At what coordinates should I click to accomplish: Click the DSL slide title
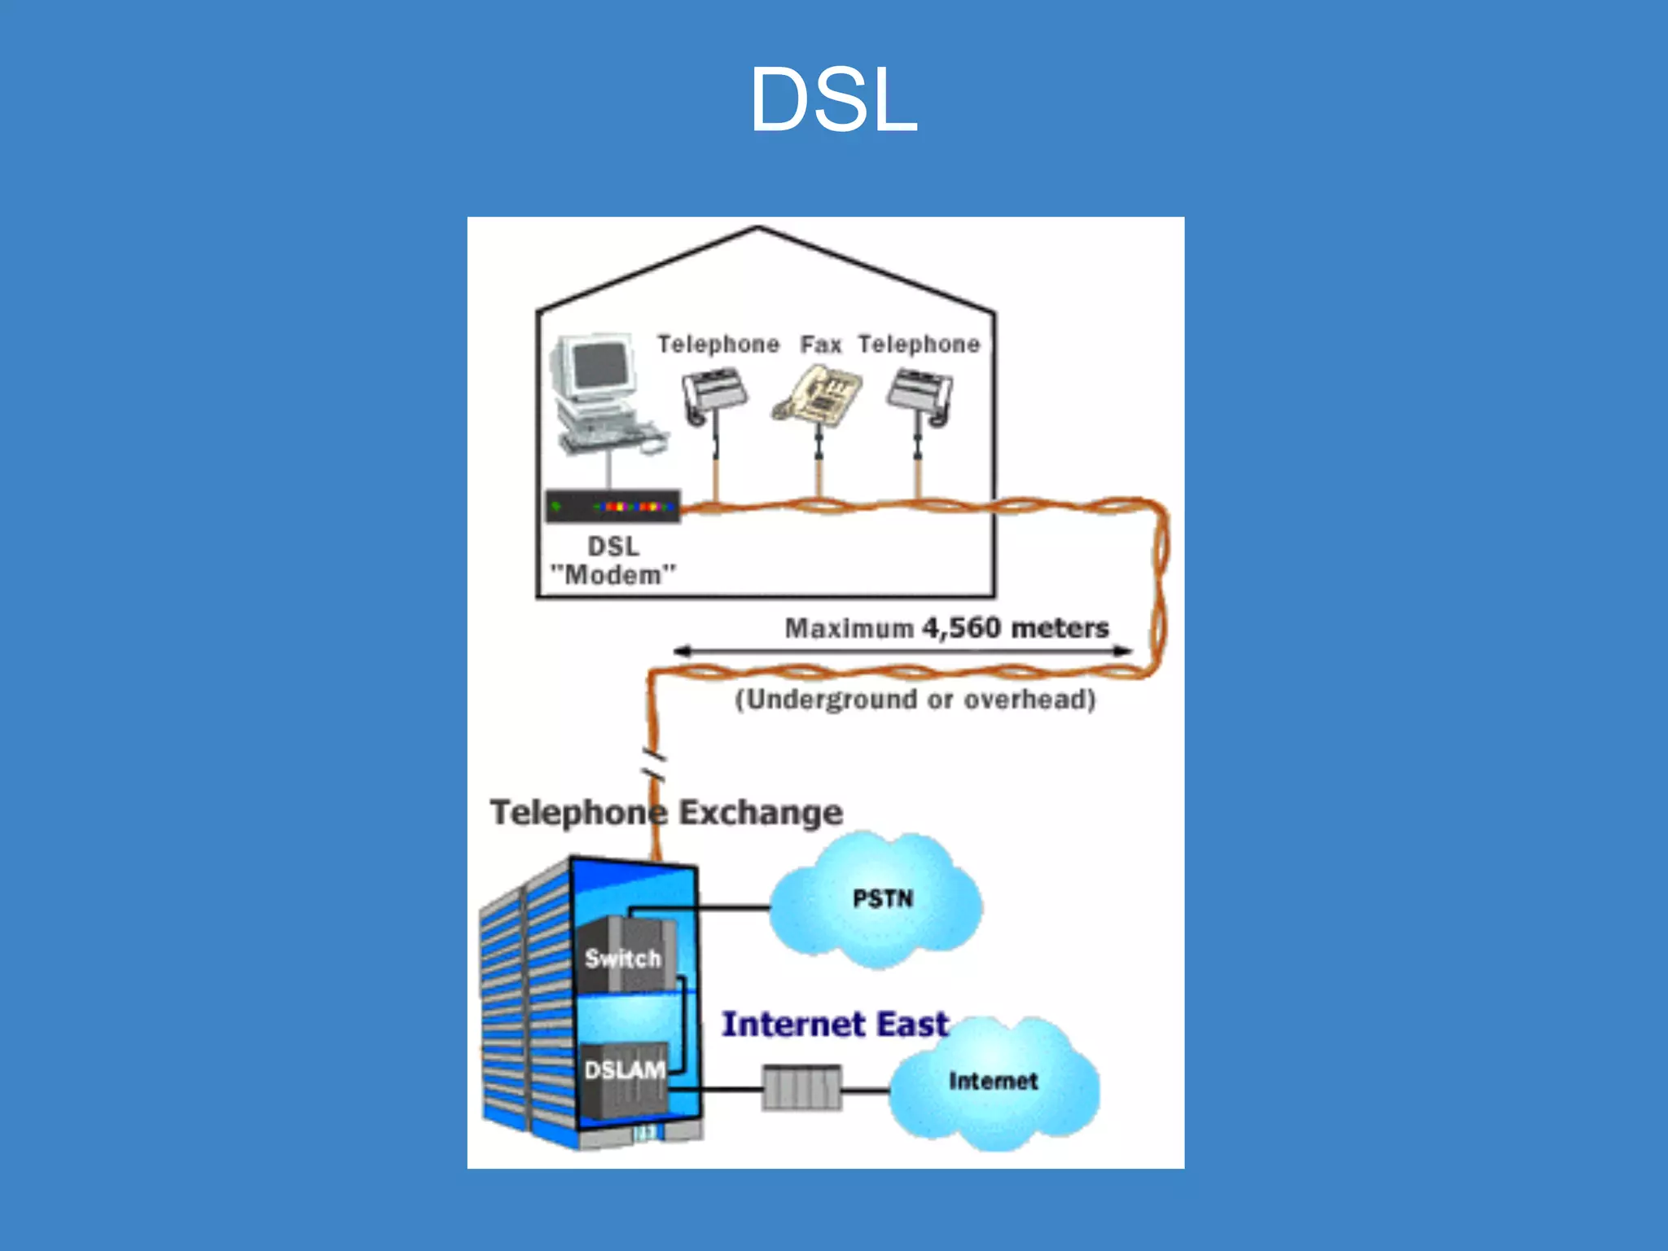[x=833, y=99]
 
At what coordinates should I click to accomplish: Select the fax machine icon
[x=818, y=396]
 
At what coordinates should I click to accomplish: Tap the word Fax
[x=819, y=345]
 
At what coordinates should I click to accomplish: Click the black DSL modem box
[x=612, y=507]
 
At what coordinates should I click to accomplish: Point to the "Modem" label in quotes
[x=612, y=575]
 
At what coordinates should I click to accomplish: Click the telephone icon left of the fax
[x=713, y=394]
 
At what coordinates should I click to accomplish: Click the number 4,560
[x=960, y=628]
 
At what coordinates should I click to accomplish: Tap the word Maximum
[x=849, y=629]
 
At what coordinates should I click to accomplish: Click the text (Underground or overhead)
[x=915, y=700]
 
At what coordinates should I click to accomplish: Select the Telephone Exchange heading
[x=665, y=813]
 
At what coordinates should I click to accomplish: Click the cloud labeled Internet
[x=993, y=1082]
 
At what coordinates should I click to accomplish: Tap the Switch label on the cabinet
[x=622, y=959]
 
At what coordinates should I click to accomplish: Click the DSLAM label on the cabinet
[x=624, y=1070]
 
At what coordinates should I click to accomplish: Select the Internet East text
[x=835, y=1025]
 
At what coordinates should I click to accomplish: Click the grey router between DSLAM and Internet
[x=801, y=1088]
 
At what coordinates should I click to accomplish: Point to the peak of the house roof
[x=758, y=228]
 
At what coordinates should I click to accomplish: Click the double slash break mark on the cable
[x=654, y=764]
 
